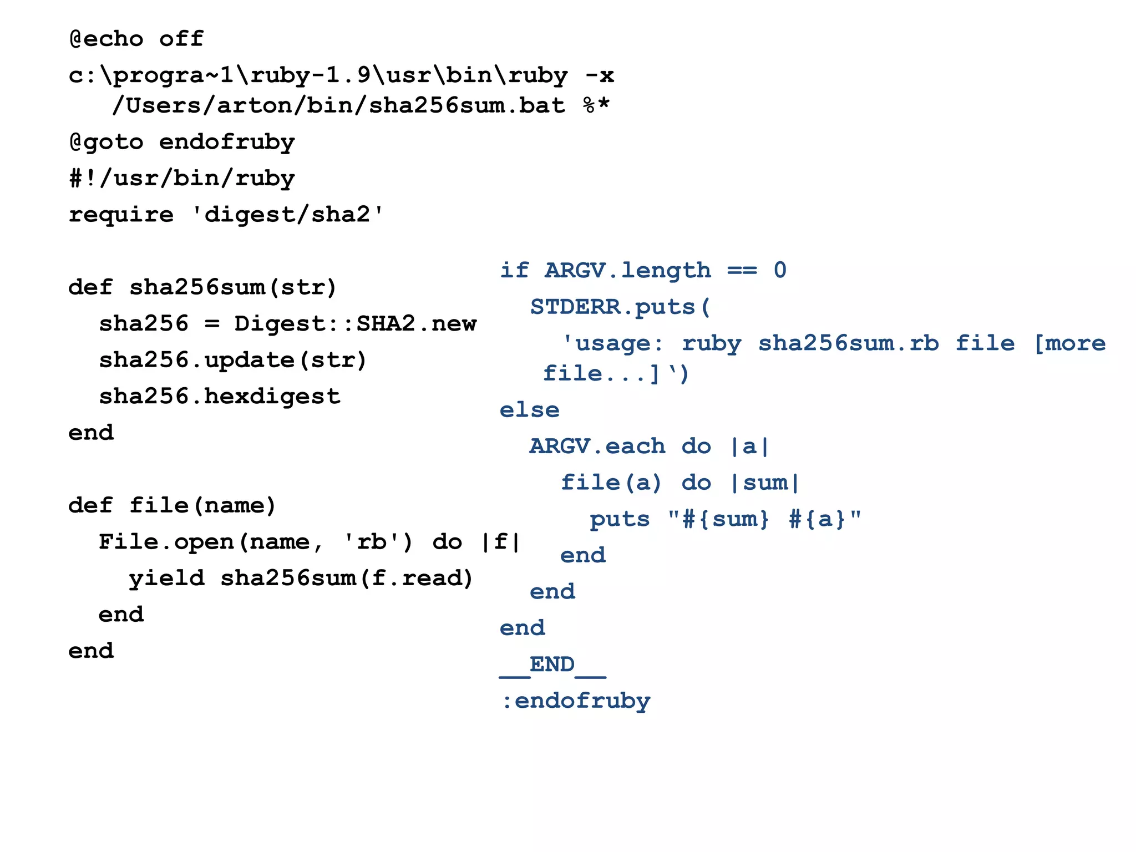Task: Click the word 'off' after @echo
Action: tap(181, 39)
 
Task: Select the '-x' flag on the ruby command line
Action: tap(600, 75)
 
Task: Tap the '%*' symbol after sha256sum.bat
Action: tap(596, 105)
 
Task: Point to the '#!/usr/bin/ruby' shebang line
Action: tap(182, 179)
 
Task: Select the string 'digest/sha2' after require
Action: tap(287, 215)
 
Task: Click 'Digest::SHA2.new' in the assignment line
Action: tap(355, 323)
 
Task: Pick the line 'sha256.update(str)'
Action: tap(233, 360)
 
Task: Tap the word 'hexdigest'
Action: tap(272, 397)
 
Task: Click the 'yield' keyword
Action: tap(166, 578)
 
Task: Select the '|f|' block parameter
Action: tap(501, 542)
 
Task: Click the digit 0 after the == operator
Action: tap(780, 270)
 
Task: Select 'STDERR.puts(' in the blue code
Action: tap(620, 307)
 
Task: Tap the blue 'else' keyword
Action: tap(529, 410)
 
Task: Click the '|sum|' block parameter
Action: tap(765, 483)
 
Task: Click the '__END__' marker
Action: tap(552, 665)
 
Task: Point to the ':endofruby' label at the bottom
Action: tap(576, 701)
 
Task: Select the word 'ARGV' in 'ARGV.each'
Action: tap(560, 447)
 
